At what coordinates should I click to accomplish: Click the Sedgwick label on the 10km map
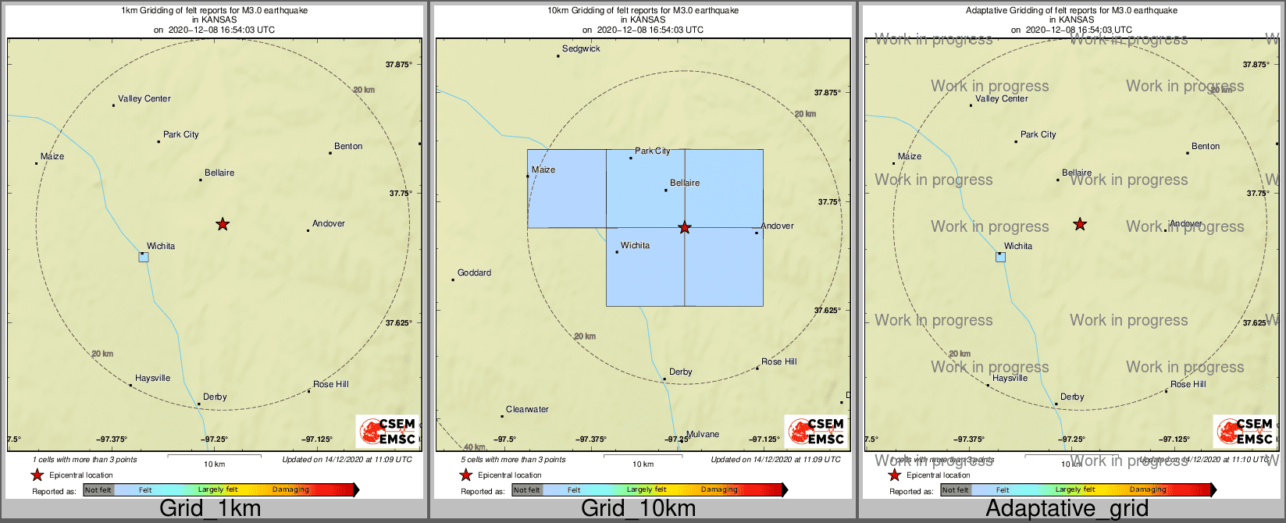581,49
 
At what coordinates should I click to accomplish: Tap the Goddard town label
474,273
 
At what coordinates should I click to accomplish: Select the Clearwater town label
527,410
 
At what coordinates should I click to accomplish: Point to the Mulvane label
703,435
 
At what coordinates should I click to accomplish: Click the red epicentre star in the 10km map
685,228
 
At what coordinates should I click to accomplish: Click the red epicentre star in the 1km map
223,225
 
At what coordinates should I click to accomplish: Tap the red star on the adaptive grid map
1080,225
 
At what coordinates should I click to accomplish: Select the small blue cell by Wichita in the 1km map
144,257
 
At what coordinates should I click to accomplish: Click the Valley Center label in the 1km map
144,99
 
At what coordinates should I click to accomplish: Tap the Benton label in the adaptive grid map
1206,147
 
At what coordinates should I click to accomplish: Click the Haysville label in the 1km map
152,379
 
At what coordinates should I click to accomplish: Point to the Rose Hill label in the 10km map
779,362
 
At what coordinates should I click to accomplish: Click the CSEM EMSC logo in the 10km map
816,431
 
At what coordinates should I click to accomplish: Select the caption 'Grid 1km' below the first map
210,509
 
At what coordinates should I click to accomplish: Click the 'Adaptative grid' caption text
1067,509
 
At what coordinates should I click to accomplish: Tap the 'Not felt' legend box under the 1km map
98,490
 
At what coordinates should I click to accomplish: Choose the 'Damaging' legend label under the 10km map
719,490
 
